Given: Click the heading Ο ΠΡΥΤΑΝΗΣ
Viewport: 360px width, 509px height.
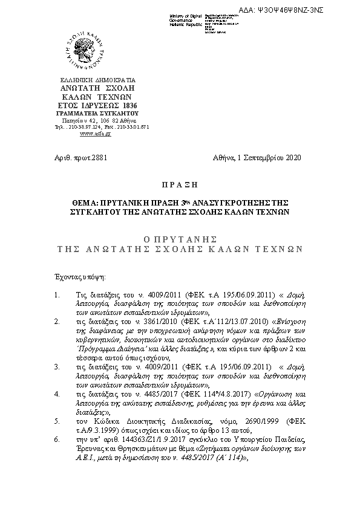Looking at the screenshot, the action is coord(180,239).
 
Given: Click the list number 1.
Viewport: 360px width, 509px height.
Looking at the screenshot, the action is coord(56,296).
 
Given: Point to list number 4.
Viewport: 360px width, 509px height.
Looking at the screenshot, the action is coord(56,393).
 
